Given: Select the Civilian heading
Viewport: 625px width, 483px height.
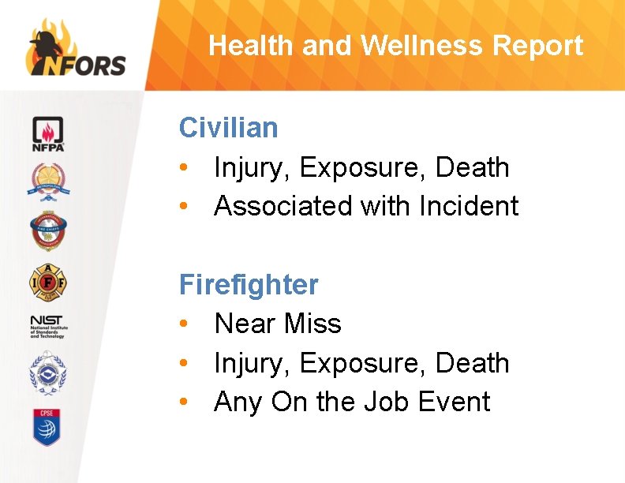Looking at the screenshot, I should (x=229, y=127).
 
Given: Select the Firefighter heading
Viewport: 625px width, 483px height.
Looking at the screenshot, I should (x=249, y=284).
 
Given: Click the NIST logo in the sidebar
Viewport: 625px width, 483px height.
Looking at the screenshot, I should (x=48, y=324).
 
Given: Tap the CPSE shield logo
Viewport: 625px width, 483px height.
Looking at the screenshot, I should (x=48, y=426).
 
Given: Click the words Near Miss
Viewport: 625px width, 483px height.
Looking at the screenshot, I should (x=278, y=324).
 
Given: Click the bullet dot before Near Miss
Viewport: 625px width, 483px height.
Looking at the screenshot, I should (x=183, y=324).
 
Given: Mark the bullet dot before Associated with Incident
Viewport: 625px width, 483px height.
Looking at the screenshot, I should (x=183, y=207).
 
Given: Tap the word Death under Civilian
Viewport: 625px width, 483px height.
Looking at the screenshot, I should (x=473, y=167).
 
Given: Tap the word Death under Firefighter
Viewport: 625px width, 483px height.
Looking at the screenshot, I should (x=473, y=363).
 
